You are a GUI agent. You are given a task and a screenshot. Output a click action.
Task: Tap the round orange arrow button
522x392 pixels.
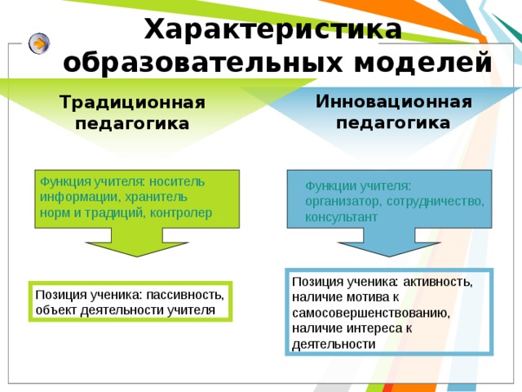38,43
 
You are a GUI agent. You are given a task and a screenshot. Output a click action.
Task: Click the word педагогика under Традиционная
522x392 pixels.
132,124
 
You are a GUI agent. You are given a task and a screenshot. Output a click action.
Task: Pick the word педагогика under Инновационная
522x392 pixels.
393,122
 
